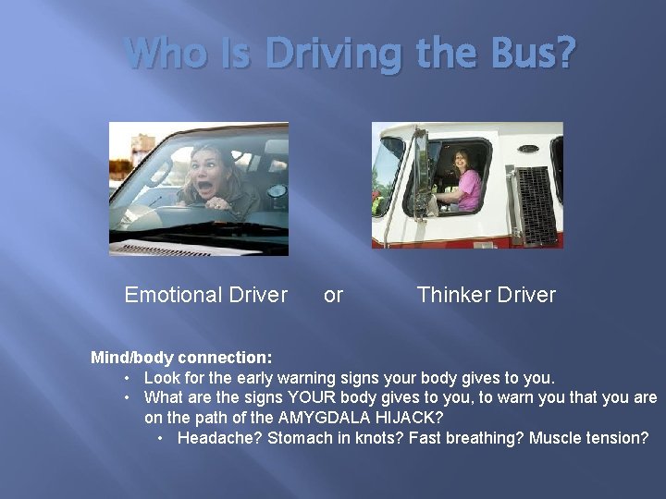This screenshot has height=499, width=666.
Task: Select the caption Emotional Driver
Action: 206,295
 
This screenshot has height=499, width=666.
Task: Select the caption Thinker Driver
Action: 486,295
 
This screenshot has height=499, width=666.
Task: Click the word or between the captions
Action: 333,296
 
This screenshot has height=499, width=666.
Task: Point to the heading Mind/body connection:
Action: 181,358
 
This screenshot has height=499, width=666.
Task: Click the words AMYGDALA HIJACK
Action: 357,418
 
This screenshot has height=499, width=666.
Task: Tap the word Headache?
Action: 219,438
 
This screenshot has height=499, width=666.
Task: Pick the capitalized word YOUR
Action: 314,397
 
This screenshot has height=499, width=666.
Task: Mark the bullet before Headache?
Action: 162,438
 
